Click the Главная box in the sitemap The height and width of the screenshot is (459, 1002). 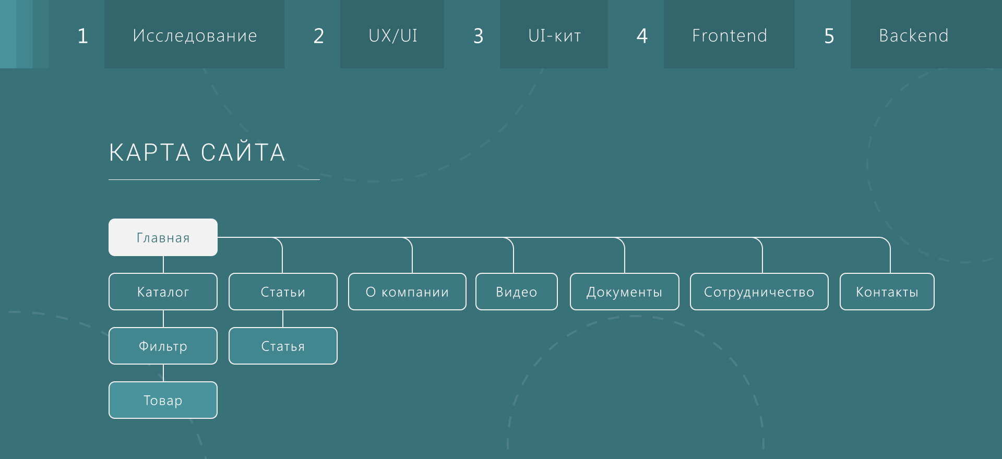pyautogui.click(x=163, y=237)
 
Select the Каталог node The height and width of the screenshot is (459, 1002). pyautogui.click(x=163, y=292)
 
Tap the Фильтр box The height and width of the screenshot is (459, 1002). pyautogui.click(x=163, y=346)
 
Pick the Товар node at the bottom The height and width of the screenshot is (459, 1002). pyautogui.click(x=163, y=400)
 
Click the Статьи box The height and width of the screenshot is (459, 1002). pyautogui.click(x=283, y=292)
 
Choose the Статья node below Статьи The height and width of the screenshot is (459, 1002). pyautogui.click(x=283, y=346)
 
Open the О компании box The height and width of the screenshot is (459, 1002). pyautogui.click(x=407, y=292)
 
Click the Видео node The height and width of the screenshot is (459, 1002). pyautogui.click(x=516, y=292)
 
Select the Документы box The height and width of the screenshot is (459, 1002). pyautogui.click(x=624, y=292)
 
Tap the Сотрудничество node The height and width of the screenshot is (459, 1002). pyautogui.click(x=759, y=292)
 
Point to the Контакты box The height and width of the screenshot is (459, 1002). pyautogui.click(x=887, y=292)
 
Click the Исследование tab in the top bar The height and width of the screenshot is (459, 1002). pyautogui.click(x=195, y=35)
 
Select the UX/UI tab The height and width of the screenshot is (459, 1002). pyautogui.click(x=392, y=35)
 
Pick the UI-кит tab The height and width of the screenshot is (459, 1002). pyautogui.click(x=554, y=35)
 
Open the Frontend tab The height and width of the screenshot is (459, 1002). pyautogui.click(x=729, y=35)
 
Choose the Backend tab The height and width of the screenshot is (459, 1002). pyautogui.click(x=913, y=35)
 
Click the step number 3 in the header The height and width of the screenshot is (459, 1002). pyautogui.click(x=478, y=36)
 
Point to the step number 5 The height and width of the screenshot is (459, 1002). pyautogui.click(x=829, y=36)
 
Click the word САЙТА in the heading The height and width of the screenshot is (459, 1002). pyautogui.click(x=243, y=152)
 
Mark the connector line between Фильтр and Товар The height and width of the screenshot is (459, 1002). pyautogui.click(x=163, y=373)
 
